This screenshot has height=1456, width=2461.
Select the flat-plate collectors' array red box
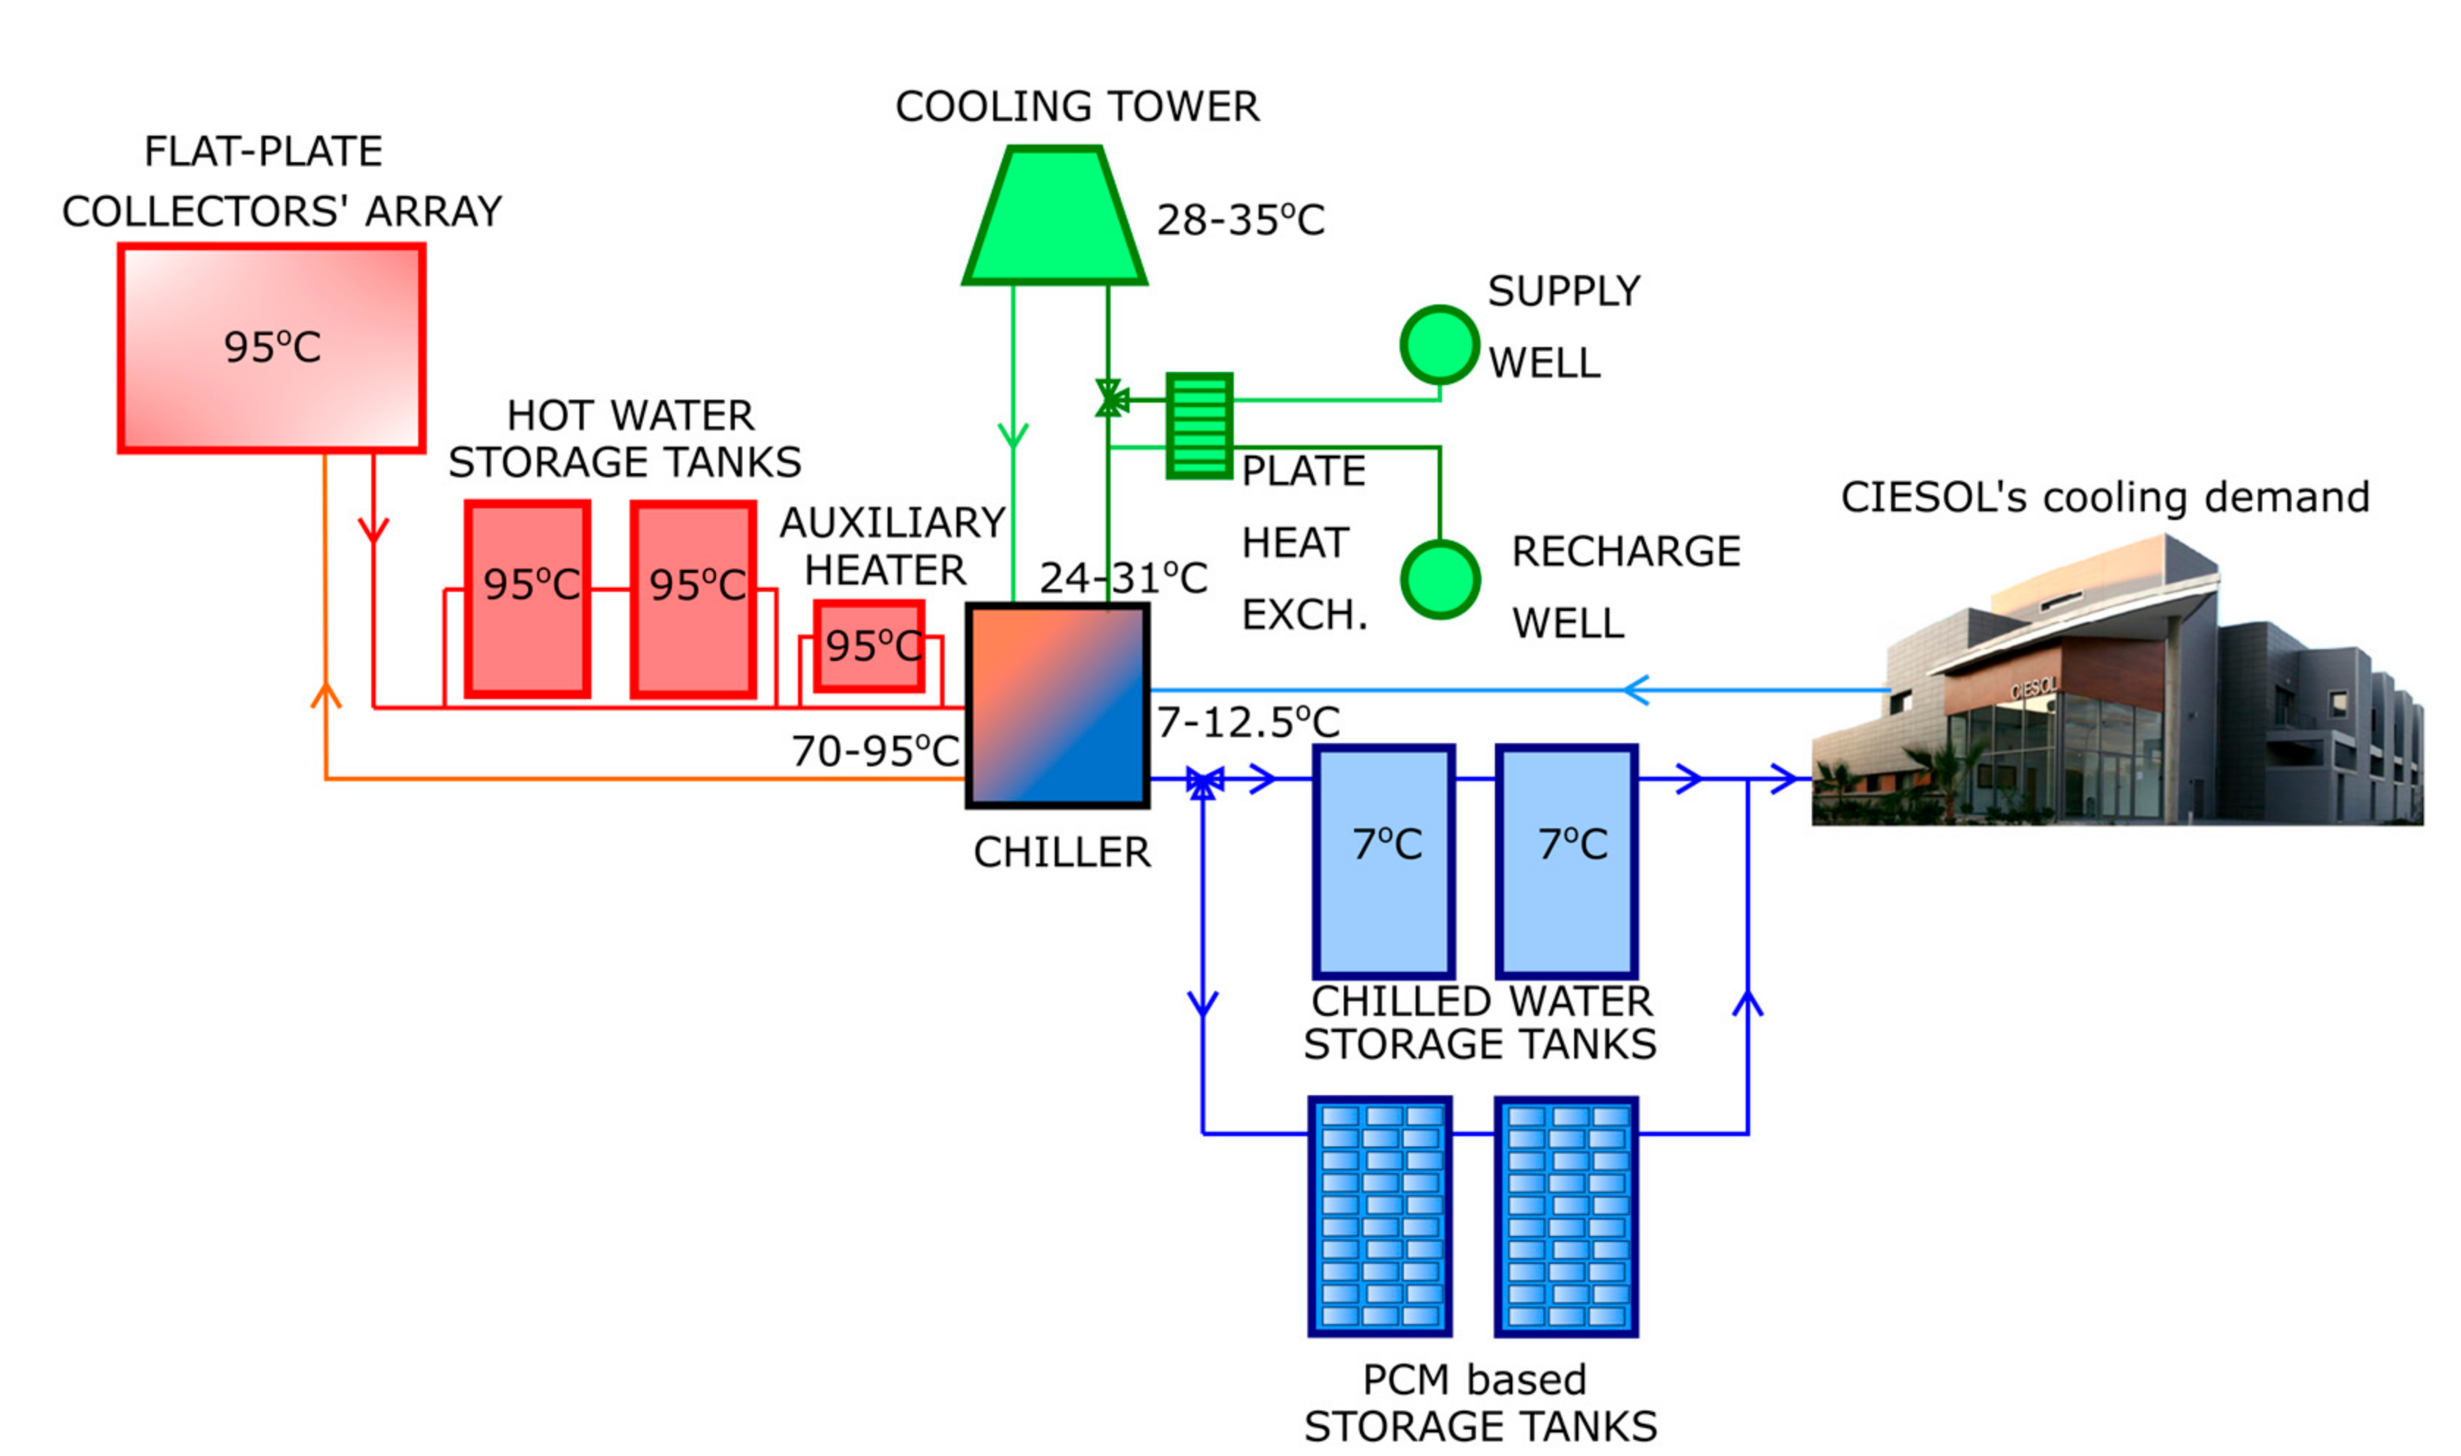271,348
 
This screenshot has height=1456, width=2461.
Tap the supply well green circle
1439,345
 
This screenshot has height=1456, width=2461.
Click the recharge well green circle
1439,580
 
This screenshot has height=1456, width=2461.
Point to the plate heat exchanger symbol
1199,426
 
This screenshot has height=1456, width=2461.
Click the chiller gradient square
1057,706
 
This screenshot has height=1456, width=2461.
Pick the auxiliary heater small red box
869,646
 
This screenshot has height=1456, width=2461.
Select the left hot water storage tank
527,599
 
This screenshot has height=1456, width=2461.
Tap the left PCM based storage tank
1380,1217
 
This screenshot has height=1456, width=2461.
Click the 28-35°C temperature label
1240,220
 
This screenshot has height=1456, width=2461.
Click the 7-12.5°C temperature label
1248,723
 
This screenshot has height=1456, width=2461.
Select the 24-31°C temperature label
1123,578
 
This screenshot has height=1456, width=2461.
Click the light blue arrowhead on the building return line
1635,689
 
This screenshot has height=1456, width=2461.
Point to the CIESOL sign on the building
2033,688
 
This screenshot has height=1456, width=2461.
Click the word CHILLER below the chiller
1061,852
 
